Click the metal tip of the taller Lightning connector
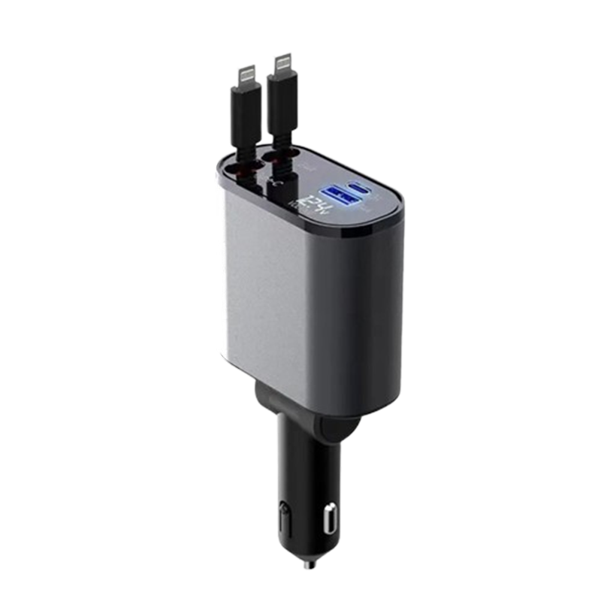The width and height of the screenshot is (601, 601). (x=283, y=61)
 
